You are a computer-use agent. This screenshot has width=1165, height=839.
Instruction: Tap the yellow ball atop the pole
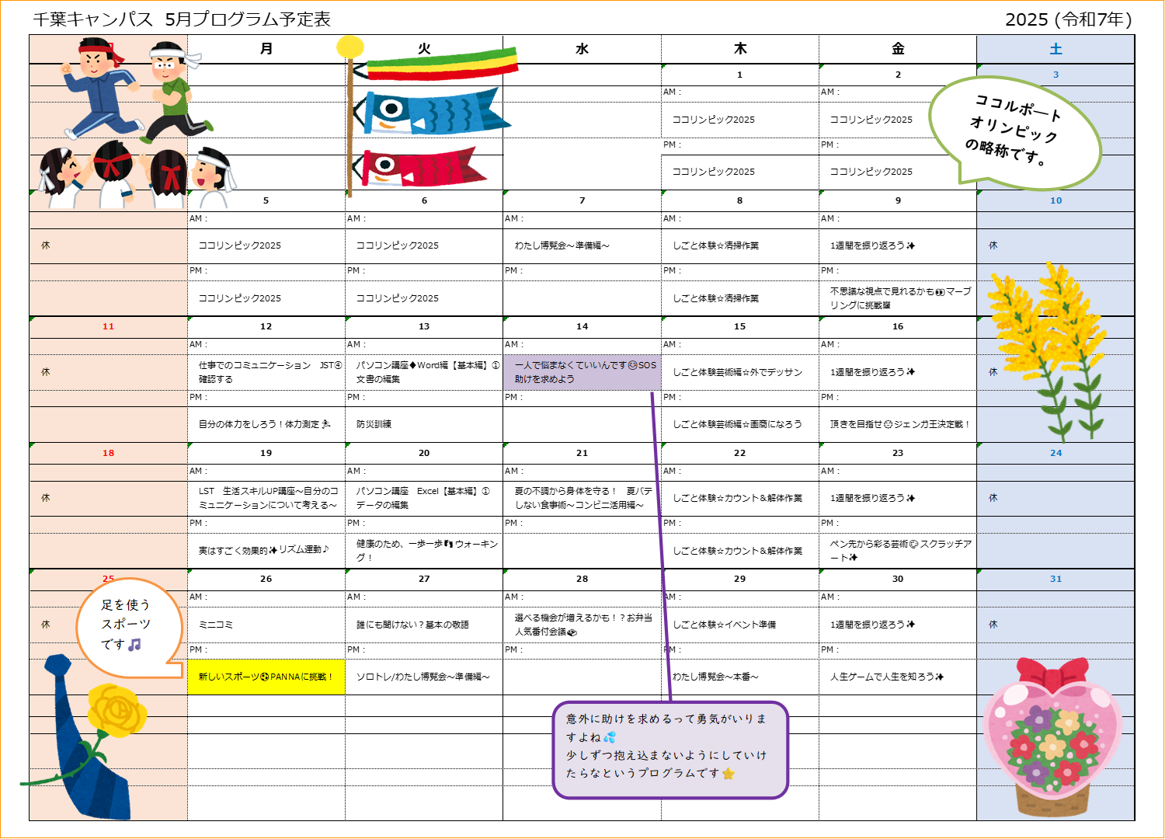[x=350, y=47]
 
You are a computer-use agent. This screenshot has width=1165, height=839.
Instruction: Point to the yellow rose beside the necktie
[x=116, y=708]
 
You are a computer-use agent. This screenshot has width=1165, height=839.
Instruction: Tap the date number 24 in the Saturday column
[x=1055, y=453]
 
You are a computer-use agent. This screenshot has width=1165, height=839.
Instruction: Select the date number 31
[x=1055, y=579]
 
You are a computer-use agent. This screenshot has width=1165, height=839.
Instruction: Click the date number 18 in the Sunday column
[x=108, y=453]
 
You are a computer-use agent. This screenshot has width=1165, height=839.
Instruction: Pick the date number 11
[x=108, y=326]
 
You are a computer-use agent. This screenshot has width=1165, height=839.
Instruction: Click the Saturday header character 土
[x=1055, y=49]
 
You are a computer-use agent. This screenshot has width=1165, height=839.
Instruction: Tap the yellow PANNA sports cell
[x=266, y=677]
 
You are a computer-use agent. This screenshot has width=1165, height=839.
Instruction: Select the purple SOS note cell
[x=582, y=372]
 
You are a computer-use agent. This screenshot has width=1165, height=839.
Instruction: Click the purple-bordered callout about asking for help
[x=670, y=750]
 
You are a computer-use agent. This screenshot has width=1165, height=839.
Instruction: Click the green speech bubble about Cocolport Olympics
[x=1015, y=132]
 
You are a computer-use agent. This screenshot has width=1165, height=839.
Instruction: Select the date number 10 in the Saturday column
[x=1055, y=200]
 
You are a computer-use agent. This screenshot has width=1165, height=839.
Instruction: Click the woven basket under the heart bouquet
[x=1052, y=800]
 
